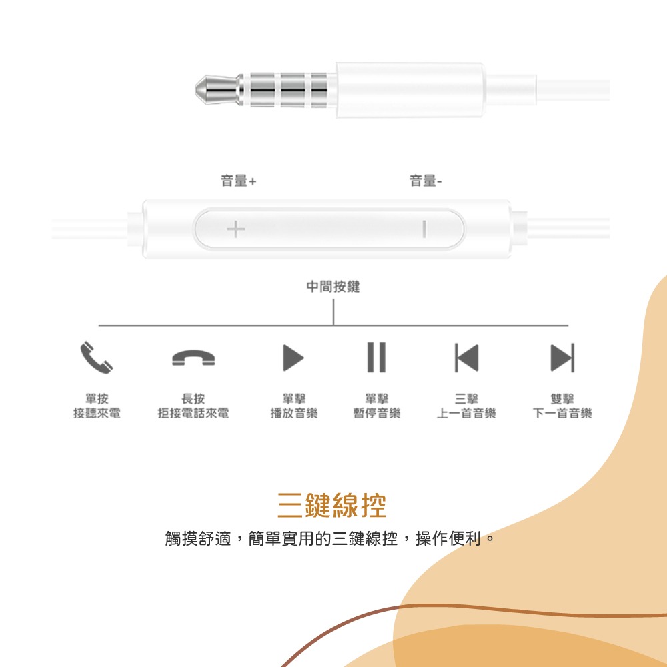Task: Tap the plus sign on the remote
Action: coord(235,230)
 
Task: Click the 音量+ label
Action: coord(238,181)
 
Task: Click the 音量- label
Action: coord(425,181)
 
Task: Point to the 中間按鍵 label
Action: coord(333,287)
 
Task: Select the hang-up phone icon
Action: coord(193,358)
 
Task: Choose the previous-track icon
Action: coord(466,358)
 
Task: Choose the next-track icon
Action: coord(562,358)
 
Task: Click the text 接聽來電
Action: coord(97,414)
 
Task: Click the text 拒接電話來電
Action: coord(193,414)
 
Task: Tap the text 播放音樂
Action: coord(293,414)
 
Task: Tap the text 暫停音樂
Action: coord(377,414)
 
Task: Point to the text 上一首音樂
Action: coord(466,414)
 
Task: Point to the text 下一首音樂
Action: coord(562,414)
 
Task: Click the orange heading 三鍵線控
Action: coord(332,506)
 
